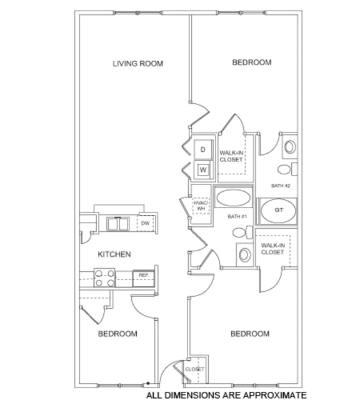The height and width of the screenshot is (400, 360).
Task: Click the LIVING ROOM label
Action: pos(137,63)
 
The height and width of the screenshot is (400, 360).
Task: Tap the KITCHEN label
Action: pos(114,254)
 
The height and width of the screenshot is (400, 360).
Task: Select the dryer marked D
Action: pos(202,150)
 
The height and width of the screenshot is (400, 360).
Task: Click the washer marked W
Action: pos(202,169)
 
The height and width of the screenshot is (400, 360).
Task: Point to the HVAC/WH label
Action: pos(201,206)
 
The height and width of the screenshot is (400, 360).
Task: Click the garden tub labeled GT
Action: pos(279,210)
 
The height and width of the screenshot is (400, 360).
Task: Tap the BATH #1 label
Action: pos(238,216)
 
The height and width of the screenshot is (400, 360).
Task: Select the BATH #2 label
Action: pos(281,186)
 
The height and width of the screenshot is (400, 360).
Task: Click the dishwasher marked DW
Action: pos(145,223)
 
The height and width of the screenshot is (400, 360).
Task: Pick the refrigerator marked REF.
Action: pos(143,275)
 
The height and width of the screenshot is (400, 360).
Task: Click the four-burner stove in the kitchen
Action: pos(104,277)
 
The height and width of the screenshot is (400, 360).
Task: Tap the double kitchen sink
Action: pos(117,224)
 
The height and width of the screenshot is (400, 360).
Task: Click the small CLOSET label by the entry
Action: pos(195,369)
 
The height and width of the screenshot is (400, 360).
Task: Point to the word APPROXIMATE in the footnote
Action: pos(277,395)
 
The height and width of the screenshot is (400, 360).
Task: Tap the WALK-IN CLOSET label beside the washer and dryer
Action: pos(231,156)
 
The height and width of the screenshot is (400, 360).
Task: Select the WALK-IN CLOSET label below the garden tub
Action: pos(272,249)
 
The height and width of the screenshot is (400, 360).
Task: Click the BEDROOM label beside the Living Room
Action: pos(252,62)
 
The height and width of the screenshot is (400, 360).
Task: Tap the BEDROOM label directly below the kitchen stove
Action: pos(117,334)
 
